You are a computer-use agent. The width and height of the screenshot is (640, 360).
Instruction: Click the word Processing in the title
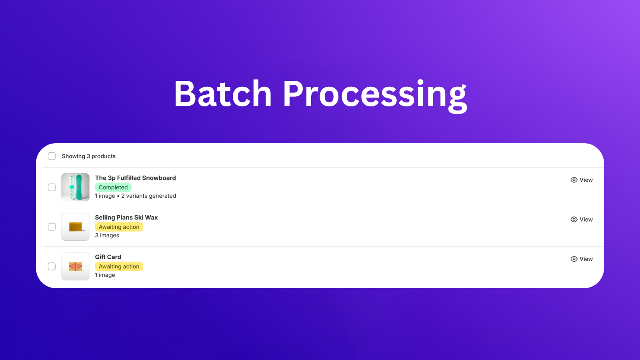coord(374,96)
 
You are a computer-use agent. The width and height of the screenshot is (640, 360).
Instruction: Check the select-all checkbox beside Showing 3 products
coord(52,156)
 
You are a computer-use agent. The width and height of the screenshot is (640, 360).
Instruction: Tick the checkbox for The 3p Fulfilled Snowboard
coord(52,188)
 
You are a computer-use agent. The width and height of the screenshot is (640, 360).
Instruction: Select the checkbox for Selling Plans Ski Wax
coord(52,227)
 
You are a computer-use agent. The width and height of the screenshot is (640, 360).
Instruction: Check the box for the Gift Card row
coord(52,266)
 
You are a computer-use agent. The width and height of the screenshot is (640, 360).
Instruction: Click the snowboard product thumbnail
coord(76,187)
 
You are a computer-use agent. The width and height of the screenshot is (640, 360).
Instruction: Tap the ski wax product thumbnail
coord(76,227)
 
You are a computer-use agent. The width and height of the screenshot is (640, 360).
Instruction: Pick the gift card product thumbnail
coord(76,266)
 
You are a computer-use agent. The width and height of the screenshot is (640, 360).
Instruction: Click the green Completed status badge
coord(113,188)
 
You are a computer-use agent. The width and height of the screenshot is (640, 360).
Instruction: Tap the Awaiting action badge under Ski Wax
coord(119,227)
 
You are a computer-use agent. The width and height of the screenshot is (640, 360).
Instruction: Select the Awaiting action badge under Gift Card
coord(119,266)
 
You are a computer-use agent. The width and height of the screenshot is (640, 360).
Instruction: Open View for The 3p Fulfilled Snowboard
coord(582,180)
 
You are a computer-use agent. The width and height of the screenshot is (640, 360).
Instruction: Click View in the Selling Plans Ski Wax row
coord(582,220)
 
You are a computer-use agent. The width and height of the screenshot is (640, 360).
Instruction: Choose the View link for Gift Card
coord(582,259)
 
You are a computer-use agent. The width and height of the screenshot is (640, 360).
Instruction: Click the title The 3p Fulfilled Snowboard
coord(136,178)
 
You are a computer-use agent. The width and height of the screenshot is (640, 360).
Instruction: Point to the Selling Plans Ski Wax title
coord(126,218)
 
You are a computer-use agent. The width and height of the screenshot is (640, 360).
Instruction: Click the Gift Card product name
coord(108,257)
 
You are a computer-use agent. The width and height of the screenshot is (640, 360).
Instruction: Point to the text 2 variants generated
coord(148,196)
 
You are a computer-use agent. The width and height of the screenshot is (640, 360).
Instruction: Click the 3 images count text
coord(107,236)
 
